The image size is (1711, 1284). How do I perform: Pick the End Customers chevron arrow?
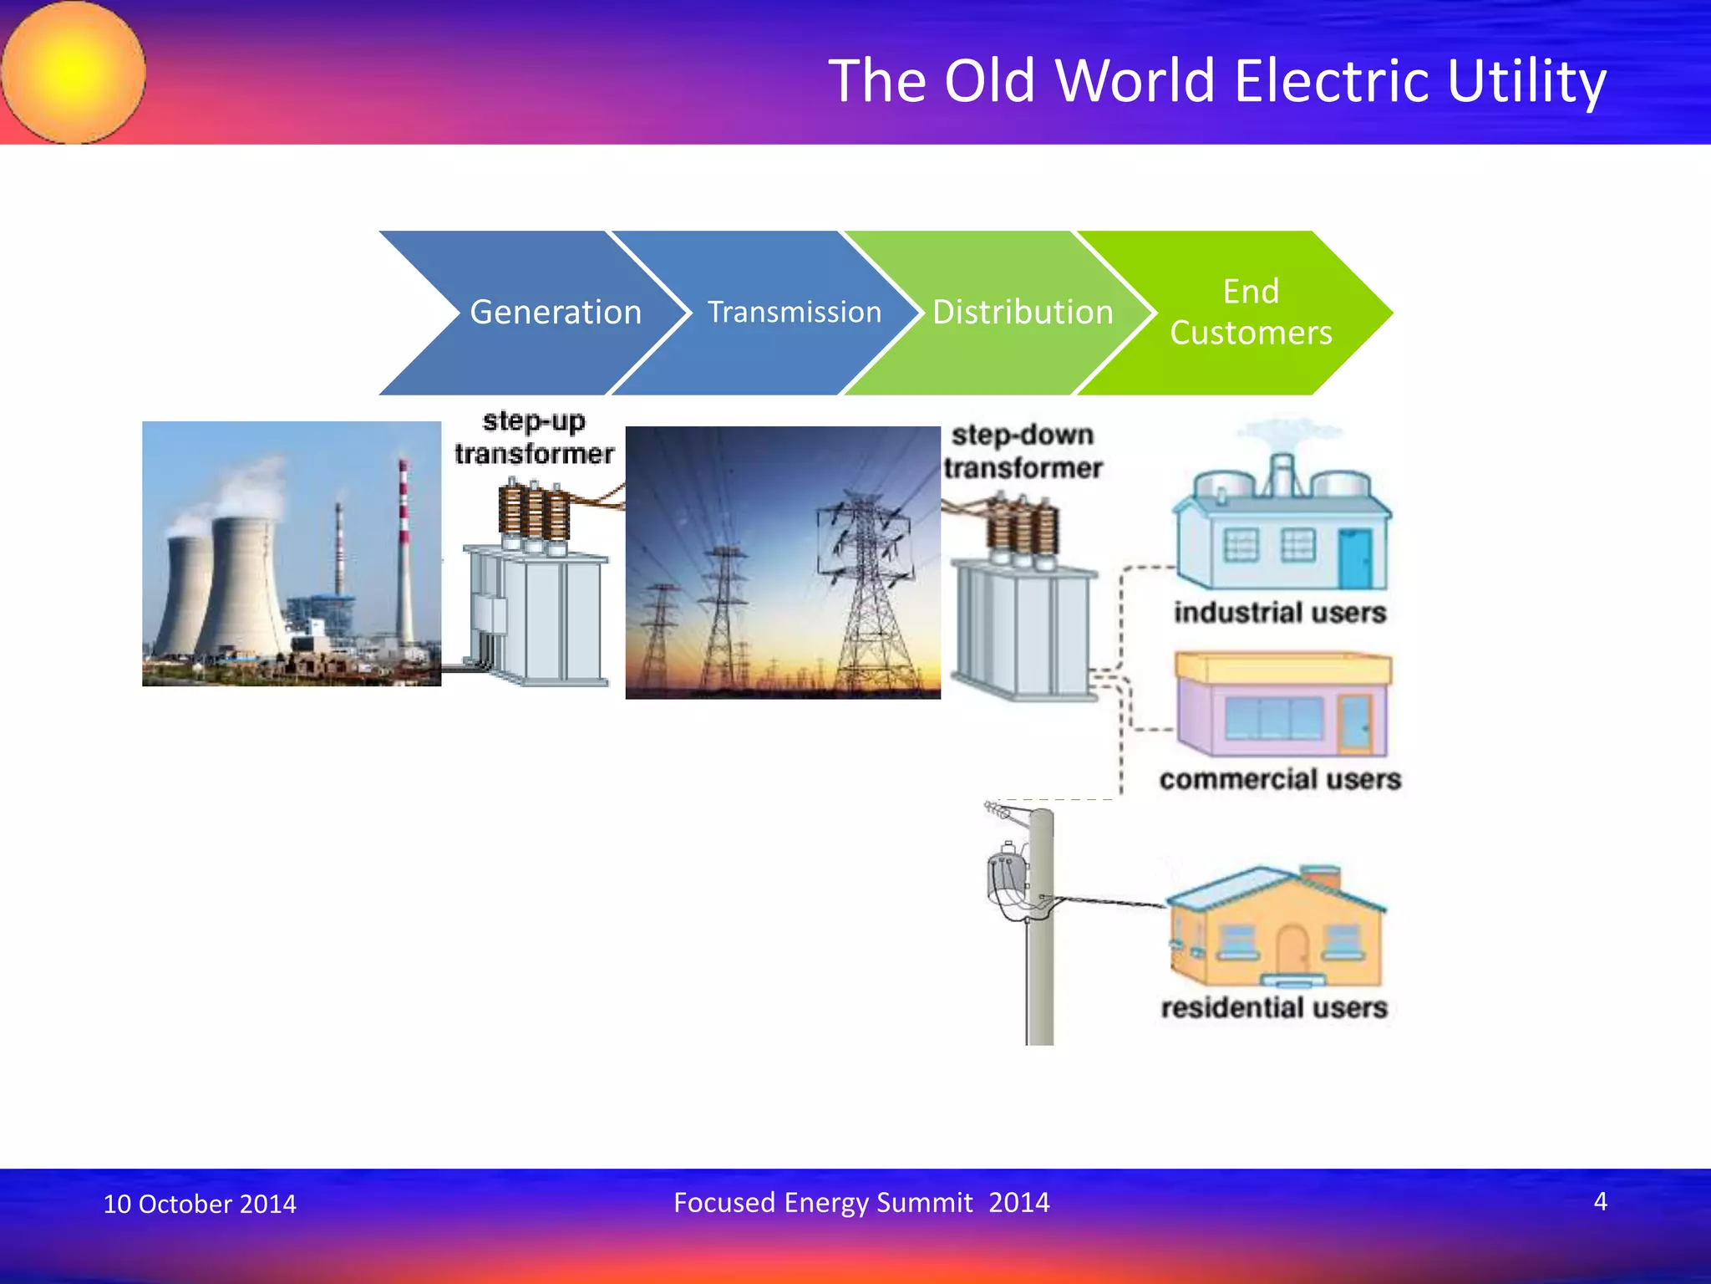[1251, 313]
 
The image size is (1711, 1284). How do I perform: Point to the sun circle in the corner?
[74, 72]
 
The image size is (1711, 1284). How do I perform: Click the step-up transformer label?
[534, 437]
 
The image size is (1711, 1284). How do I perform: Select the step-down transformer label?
[1023, 451]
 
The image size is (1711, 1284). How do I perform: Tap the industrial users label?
[1279, 612]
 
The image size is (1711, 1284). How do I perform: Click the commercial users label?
[1279, 779]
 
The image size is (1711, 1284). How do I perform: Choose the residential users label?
[1274, 1007]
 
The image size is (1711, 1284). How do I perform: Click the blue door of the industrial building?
[1353, 558]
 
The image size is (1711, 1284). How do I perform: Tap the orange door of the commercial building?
[1353, 722]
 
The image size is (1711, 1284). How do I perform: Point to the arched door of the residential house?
[1292, 950]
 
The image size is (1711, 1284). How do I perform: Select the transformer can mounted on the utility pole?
[1006, 878]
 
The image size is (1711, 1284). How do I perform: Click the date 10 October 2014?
[199, 1204]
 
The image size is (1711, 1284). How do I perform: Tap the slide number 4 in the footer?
[1600, 1201]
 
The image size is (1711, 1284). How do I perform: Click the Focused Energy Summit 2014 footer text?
[861, 1202]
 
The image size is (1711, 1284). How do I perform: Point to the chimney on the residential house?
[1321, 877]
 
